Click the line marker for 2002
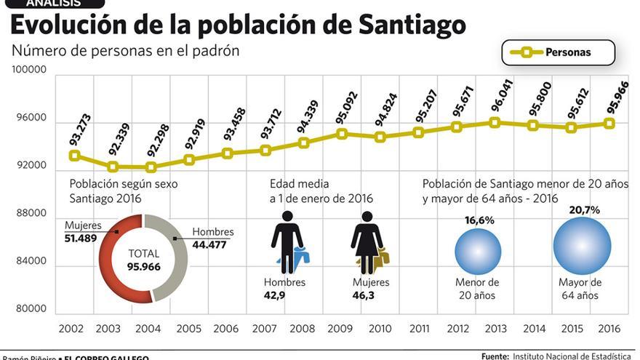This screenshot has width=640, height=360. click(74, 156)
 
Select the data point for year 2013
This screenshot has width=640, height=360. click(495, 122)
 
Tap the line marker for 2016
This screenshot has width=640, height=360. click(609, 124)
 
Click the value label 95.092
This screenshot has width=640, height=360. click(343, 107)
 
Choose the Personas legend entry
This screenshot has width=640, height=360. click(558, 52)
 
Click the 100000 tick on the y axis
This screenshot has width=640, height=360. click(30, 70)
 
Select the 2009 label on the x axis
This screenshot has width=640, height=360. click(342, 329)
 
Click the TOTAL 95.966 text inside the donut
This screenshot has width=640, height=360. click(143, 260)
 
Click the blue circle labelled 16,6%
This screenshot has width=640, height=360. click(478, 251)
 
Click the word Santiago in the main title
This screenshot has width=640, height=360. click(412, 25)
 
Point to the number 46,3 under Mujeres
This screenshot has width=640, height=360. click(363, 295)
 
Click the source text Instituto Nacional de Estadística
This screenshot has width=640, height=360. click(572, 356)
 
